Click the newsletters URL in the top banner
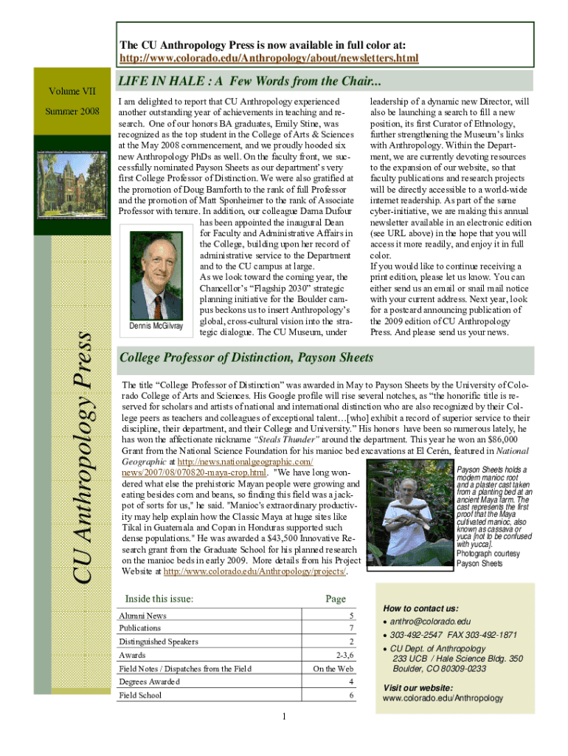point(269,58)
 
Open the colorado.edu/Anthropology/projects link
point(254,571)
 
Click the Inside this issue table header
point(159,598)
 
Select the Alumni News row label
point(143,616)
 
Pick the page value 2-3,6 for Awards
point(342,656)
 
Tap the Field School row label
point(140,695)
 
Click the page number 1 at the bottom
point(284,717)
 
